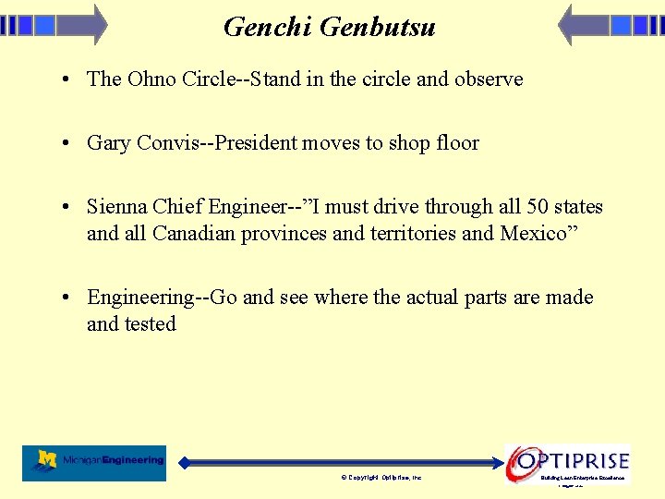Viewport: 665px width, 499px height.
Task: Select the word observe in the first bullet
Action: (489, 79)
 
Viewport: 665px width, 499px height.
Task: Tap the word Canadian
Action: (194, 234)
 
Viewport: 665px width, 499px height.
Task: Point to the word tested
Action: (151, 324)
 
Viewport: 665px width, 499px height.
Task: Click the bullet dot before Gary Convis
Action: (69, 143)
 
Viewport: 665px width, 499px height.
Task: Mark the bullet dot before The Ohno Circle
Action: (69, 79)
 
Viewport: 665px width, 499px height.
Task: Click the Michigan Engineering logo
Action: (94, 462)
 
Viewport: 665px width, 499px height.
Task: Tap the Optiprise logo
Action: (568, 460)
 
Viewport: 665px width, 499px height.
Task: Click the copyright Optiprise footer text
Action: (381, 478)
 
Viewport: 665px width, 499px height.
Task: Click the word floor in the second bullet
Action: (458, 143)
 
